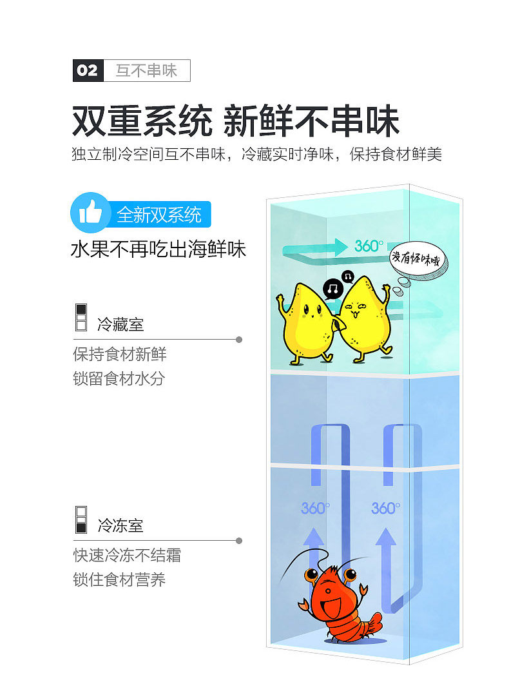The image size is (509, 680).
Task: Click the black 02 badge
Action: point(88,70)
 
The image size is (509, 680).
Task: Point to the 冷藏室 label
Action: point(120,324)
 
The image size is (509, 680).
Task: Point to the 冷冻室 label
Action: point(120,526)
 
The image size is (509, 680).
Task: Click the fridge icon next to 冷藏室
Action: point(81,317)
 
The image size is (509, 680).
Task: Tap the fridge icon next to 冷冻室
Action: point(81,520)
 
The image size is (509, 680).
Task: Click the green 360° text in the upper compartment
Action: point(368,246)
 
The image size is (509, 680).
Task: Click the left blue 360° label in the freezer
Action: point(315,509)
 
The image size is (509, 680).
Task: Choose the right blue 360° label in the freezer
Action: point(385,509)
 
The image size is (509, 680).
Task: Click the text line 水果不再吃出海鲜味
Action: point(158,249)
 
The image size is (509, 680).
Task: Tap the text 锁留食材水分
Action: point(119,378)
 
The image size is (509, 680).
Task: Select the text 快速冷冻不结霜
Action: point(127,556)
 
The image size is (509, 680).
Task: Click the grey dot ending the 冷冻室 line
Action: point(239,541)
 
